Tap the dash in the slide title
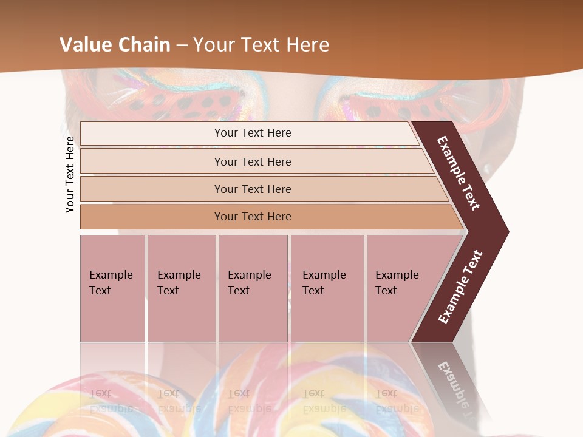pos(182,46)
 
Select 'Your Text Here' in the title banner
pos(261,45)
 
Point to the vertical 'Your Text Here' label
pos(70,174)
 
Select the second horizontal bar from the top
pos(253,161)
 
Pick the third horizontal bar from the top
pos(253,189)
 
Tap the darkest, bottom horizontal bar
pos(253,217)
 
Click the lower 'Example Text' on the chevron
pos(460,287)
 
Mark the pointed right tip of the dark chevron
pos(507,231)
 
